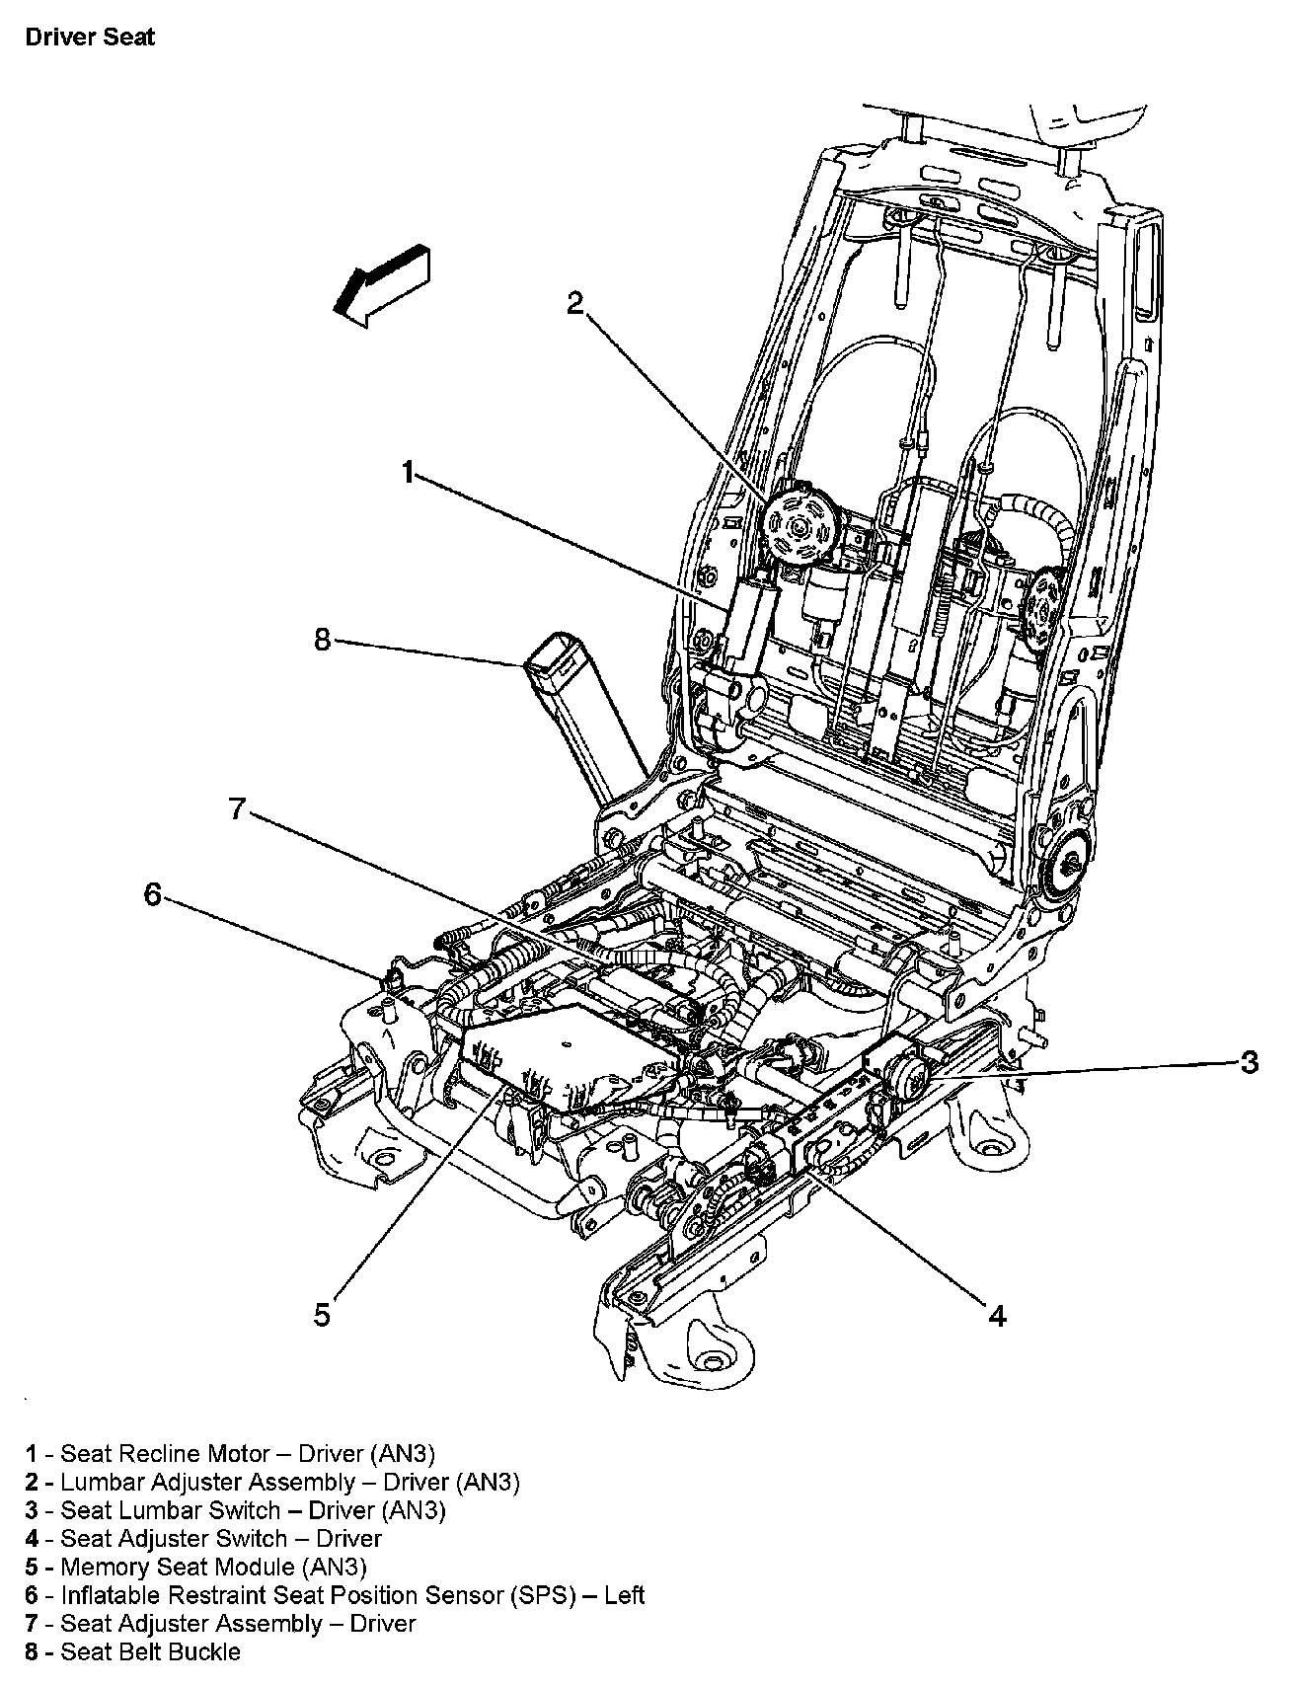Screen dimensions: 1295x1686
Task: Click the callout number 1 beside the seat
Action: [x=408, y=474]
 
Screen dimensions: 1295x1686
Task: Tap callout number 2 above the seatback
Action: [x=575, y=302]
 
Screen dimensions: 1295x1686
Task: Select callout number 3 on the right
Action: [x=1250, y=1062]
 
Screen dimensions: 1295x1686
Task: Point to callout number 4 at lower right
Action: [x=997, y=1315]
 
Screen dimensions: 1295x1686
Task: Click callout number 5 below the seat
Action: [x=323, y=1315]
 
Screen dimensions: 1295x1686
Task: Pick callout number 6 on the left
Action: [x=152, y=894]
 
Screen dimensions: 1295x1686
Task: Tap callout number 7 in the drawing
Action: [x=237, y=809]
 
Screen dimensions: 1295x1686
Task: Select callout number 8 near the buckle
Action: [x=323, y=640]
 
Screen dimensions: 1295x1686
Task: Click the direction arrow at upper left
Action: [x=384, y=283]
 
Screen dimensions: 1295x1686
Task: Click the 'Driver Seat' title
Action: [x=90, y=38]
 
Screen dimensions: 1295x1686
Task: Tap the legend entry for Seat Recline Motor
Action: [x=230, y=1453]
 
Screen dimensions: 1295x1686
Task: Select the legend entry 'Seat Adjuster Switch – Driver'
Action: [x=203, y=1538]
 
